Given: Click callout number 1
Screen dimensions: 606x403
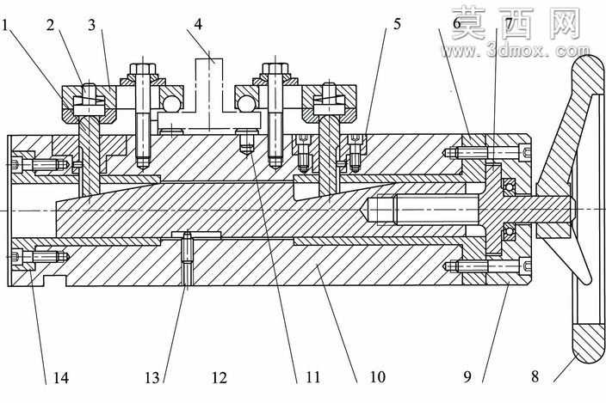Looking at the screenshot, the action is pos(4,26).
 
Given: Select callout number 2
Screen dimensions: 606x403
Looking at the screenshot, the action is pos(50,26).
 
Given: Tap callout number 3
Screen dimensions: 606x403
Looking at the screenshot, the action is pos(91,26).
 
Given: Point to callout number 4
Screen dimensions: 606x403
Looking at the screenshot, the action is pos(198,24).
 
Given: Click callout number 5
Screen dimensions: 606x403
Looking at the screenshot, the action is pos(398,24).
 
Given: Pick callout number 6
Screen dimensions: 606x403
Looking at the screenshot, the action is pos(457,24).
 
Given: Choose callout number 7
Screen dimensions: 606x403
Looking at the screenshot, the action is pos(509,24).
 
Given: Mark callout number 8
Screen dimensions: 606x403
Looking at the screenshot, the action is pos(535,376).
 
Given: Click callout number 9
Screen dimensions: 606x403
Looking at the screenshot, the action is pos(467,376).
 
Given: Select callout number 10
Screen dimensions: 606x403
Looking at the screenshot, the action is pos(378,376).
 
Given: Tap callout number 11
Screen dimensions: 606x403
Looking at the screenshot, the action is pos(313,376).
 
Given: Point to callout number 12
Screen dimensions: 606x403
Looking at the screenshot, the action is pos(220,377).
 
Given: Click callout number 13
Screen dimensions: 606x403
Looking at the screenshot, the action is pos(152,377).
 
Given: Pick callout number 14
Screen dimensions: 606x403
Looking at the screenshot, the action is pos(60,377).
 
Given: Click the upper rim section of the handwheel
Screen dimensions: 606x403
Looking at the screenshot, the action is pos(587,76).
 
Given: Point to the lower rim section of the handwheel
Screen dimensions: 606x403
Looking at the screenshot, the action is pos(588,345).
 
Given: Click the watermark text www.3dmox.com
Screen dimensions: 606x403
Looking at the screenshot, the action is pos(516,51).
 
